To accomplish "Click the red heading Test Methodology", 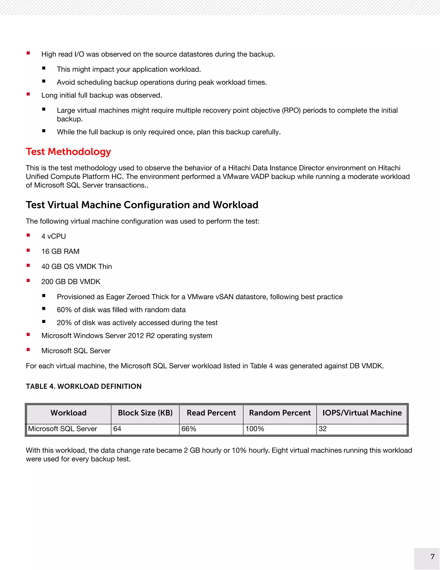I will click(68, 152).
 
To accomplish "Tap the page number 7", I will click(432, 557).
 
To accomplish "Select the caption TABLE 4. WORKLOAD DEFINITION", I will click(83, 386).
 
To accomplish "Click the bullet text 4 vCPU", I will click(53, 236).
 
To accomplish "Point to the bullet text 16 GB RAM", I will click(60, 251).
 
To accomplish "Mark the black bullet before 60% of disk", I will click(44, 309).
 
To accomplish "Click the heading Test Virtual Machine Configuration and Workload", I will click(142, 205).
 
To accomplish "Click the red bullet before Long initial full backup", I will click(28, 94).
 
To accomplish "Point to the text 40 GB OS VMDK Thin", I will click(76, 267).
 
